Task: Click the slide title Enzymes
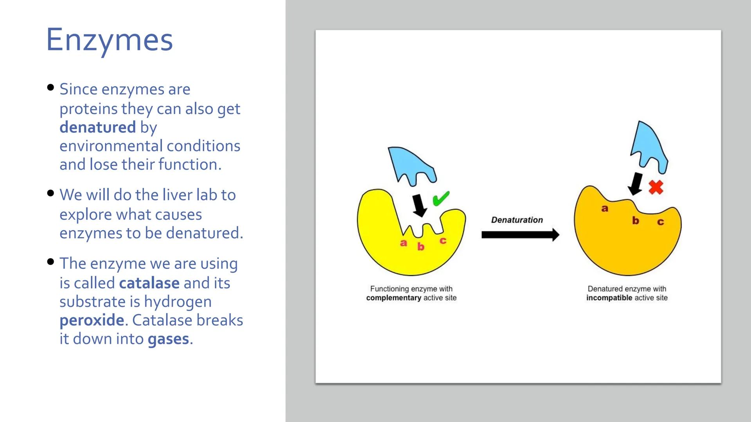click(109, 40)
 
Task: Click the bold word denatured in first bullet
click(97, 127)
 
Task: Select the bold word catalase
click(149, 283)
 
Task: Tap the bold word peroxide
click(92, 320)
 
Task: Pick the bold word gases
click(168, 339)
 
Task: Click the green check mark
click(441, 198)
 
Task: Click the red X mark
click(656, 187)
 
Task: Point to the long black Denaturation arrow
click(520, 235)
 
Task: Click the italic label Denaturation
click(517, 220)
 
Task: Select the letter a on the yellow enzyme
click(403, 243)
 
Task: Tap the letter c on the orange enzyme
click(660, 222)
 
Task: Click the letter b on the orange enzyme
click(636, 221)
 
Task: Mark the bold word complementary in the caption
click(393, 298)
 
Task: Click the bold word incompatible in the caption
click(609, 298)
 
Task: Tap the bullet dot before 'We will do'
click(50, 193)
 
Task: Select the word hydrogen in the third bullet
click(178, 302)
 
